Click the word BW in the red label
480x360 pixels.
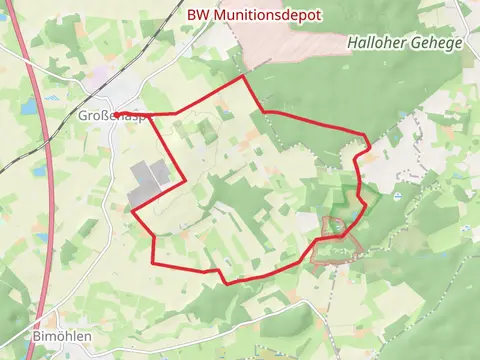point(199,15)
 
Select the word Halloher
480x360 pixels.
point(377,43)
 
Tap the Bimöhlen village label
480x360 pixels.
point(61,336)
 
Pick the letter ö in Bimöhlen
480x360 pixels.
point(59,336)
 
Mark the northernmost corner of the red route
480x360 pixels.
point(243,77)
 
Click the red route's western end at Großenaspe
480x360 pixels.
point(116,116)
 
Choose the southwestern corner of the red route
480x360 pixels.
point(153,262)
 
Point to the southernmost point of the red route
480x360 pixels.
point(225,283)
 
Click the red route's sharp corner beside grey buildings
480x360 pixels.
point(185,181)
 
